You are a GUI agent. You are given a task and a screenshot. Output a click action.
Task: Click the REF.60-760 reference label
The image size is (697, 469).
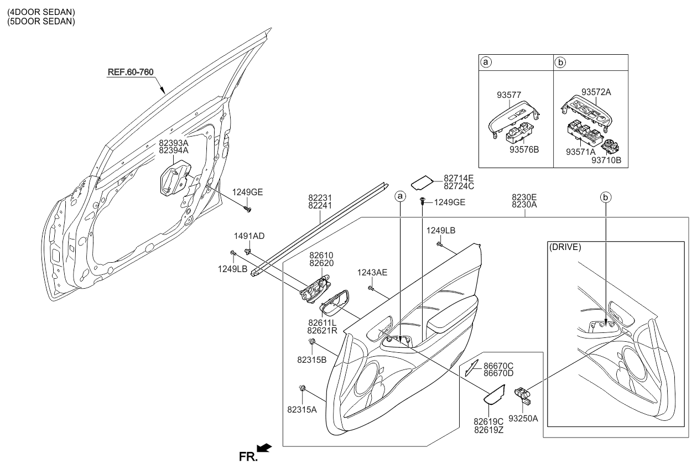pyautogui.click(x=130, y=72)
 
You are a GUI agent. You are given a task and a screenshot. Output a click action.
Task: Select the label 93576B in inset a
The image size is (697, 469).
pyautogui.click(x=523, y=149)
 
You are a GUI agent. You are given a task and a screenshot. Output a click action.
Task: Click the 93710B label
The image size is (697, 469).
pyautogui.click(x=606, y=160)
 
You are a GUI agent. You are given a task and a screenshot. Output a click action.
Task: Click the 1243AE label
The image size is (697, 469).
pyautogui.click(x=371, y=272)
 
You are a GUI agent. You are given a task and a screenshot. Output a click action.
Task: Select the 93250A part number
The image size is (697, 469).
pyautogui.click(x=523, y=419)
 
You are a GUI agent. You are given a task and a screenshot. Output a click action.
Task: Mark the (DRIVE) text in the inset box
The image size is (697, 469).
pyautogui.click(x=565, y=247)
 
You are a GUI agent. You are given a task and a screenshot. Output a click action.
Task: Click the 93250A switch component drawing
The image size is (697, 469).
pyautogui.click(x=522, y=394)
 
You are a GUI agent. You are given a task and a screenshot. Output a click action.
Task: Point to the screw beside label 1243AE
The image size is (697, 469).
pyautogui.click(x=370, y=287)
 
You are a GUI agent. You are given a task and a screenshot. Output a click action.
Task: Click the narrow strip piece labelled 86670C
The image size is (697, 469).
pyautogui.click(x=472, y=367)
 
